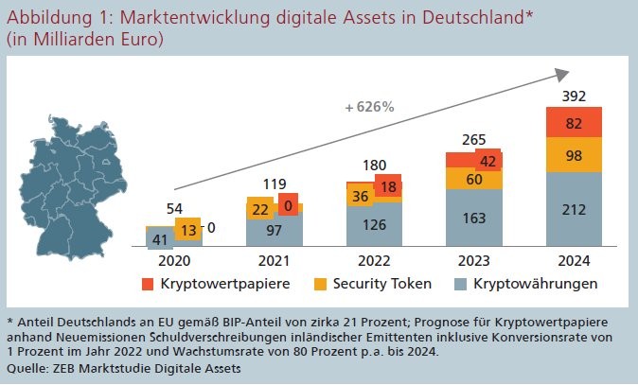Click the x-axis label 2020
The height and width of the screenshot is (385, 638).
175,261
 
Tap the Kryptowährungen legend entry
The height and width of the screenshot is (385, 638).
539,284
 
